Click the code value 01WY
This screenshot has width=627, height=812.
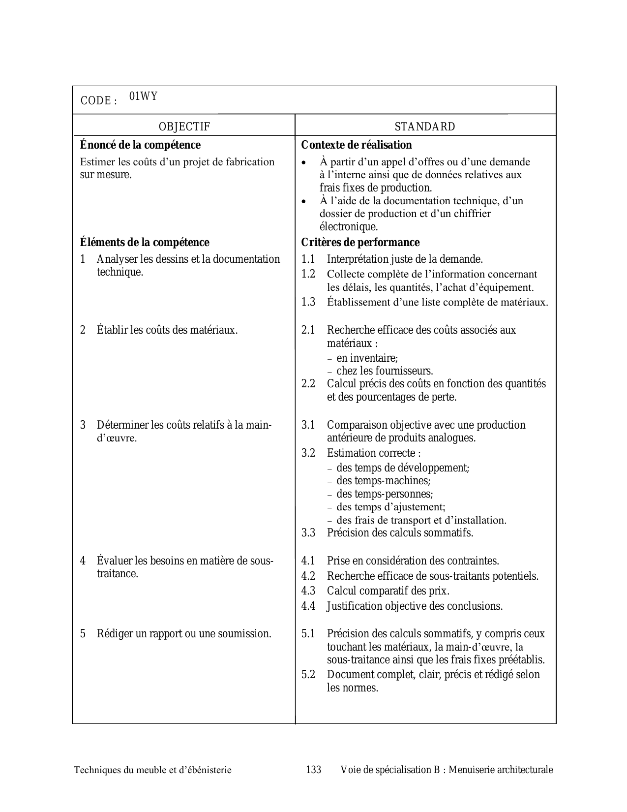pyautogui.click(x=143, y=96)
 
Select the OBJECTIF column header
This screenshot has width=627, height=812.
pyautogui.click(x=184, y=127)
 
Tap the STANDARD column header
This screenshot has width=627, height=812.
pyautogui.click(x=425, y=127)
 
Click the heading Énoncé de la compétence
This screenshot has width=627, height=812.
pyautogui.click(x=140, y=145)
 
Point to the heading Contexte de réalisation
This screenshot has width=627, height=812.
pyautogui.click(x=356, y=145)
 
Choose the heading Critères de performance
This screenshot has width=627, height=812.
pyautogui.click(x=360, y=243)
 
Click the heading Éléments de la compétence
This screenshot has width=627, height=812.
pyautogui.click(x=145, y=243)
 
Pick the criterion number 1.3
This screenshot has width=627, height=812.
pyautogui.click(x=308, y=302)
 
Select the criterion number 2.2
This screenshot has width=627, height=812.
pyautogui.click(x=308, y=384)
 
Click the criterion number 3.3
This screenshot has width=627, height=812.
pyautogui.click(x=308, y=533)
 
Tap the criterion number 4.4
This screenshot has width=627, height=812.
pyautogui.click(x=308, y=606)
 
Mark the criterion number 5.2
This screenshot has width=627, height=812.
pyautogui.click(x=308, y=675)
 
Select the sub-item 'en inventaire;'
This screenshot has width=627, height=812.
pyautogui.click(x=367, y=358)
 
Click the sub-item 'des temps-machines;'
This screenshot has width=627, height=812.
pyautogui.click(x=383, y=481)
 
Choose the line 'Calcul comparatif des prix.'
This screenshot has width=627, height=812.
pyautogui.click(x=388, y=591)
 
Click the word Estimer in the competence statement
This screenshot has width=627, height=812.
pyautogui.click(x=97, y=162)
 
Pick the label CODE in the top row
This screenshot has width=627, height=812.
pyautogui.click(x=95, y=101)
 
